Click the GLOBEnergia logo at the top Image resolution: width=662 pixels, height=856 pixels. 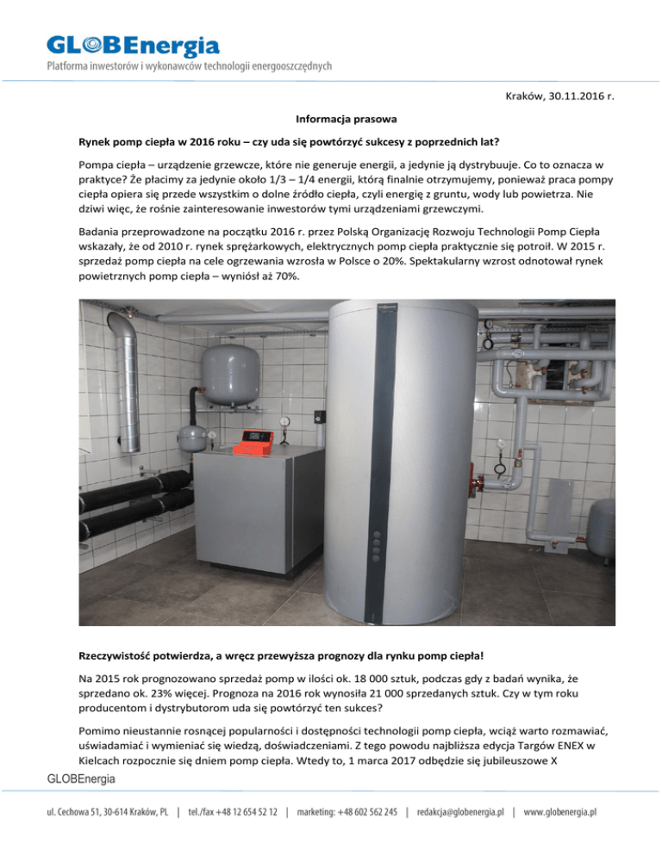pos(133,44)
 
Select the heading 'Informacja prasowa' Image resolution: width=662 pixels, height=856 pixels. pos(331,119)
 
